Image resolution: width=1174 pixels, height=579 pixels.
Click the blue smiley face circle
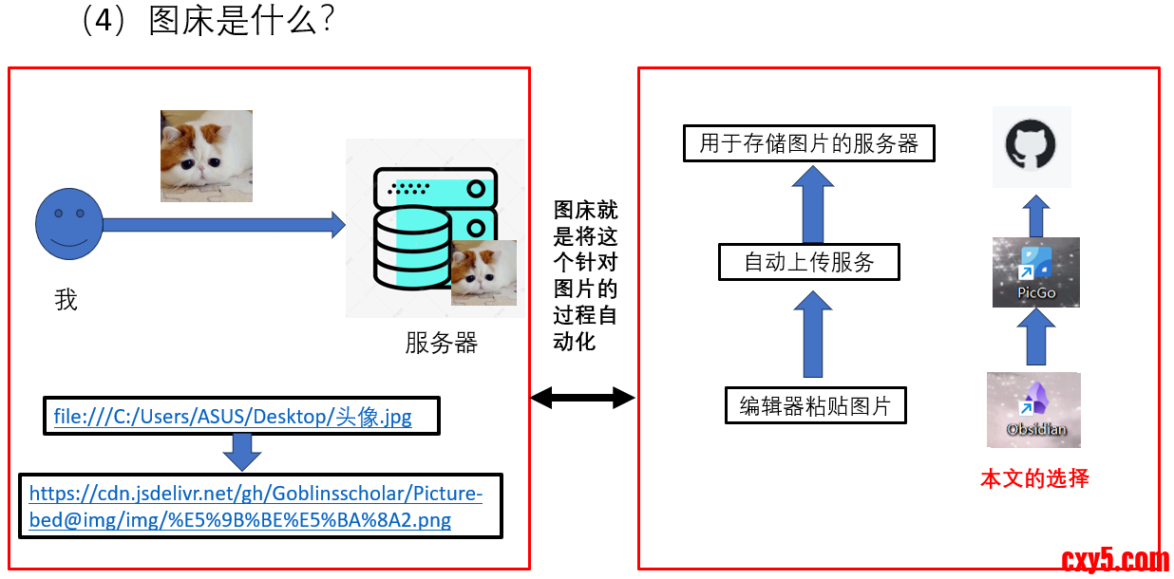[x=68, y=225]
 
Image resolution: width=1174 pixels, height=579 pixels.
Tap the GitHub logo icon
[x=1032, y=147]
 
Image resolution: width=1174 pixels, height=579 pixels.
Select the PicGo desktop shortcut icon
[x=1036, y=271]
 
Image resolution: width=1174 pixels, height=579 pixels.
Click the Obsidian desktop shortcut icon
[x=1034, y=409]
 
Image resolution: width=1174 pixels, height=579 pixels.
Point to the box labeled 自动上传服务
[x=808, y=262]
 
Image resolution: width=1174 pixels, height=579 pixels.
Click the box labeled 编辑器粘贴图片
[x=815, y=406]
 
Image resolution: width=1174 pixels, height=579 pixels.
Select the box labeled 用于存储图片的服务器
[x=809, y=143]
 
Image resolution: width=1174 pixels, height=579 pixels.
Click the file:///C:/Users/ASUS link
[x=233, y=417]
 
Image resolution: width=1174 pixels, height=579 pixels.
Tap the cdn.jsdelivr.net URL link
[x=256, y=507]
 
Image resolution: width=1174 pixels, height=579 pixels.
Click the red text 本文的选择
[x=1034, y=478]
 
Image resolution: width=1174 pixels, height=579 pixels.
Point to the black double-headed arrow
[x=582, y=398]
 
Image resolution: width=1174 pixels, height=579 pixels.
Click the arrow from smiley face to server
[x=223, y=225]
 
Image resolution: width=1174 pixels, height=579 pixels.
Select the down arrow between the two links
[x=242, y=452]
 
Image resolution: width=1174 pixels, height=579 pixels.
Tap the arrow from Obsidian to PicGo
[x=1036, y=338]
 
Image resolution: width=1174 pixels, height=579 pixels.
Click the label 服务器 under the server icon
[x=441, y=343]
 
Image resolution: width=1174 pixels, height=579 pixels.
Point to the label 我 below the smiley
[x=66, y=301]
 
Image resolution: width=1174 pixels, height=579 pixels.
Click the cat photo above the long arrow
[x=206, y=156]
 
